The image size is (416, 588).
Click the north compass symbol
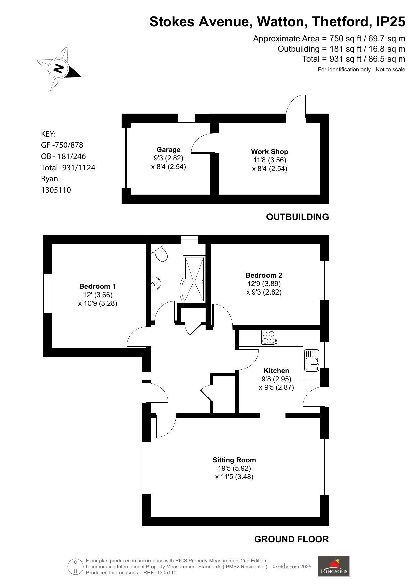[59, 69]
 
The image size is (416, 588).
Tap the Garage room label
[168, 150]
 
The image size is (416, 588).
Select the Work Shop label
[270, 152]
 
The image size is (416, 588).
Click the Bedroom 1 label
[98, 286]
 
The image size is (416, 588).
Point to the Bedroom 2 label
[264, 275]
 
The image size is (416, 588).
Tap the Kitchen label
[276, 371]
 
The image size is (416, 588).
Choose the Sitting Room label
[234, 460]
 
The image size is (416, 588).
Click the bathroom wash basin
[156, 283]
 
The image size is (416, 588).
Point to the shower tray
[193, 279]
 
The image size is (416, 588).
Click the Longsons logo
[334, 566]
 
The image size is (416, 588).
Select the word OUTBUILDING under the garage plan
[297, 217]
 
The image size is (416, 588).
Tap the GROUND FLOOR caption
[291, 539]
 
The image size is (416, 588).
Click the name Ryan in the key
[49, 179]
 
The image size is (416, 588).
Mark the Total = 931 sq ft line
[354, 59]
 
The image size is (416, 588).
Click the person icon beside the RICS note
[76, 567]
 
